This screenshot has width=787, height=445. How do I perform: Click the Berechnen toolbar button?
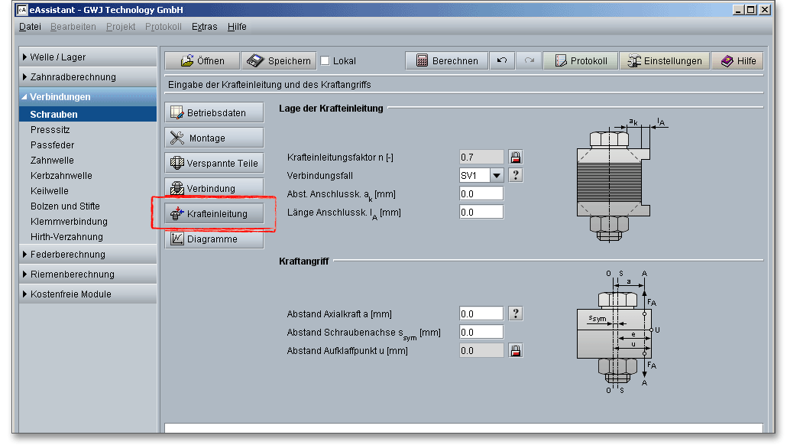(x=446, y=60)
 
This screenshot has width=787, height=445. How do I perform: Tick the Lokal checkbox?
(x=325, y=60)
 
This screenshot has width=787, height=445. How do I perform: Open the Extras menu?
(x=204, y=27)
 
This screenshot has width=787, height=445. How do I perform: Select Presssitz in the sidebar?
(x=50, y=129)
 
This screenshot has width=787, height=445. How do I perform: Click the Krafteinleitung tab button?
(x=214, y=213)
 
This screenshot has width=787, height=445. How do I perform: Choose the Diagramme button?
(x=214, y=239)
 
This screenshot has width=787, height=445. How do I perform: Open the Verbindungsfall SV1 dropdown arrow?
(x=497, y=175)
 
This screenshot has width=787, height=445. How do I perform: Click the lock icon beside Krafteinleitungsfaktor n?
(x=516, y=158)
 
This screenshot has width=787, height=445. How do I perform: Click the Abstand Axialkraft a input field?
(x=481, y=314)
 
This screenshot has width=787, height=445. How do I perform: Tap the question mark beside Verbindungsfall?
(x=516, y=175)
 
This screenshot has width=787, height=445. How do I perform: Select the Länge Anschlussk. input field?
(x=481, y=212)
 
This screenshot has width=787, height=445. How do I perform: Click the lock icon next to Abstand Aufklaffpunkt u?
(x=516, y=351)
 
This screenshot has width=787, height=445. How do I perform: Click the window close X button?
(x=765, y=9)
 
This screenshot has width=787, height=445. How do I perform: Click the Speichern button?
(x=279, y=60)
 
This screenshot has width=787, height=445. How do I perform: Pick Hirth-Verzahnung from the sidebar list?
(x=66, y=236)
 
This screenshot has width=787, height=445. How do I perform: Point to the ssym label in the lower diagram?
(x=598, y=318)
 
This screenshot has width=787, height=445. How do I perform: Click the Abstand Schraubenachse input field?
(x=481, y=332)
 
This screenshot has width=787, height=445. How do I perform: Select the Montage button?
(x=214, y=138)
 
